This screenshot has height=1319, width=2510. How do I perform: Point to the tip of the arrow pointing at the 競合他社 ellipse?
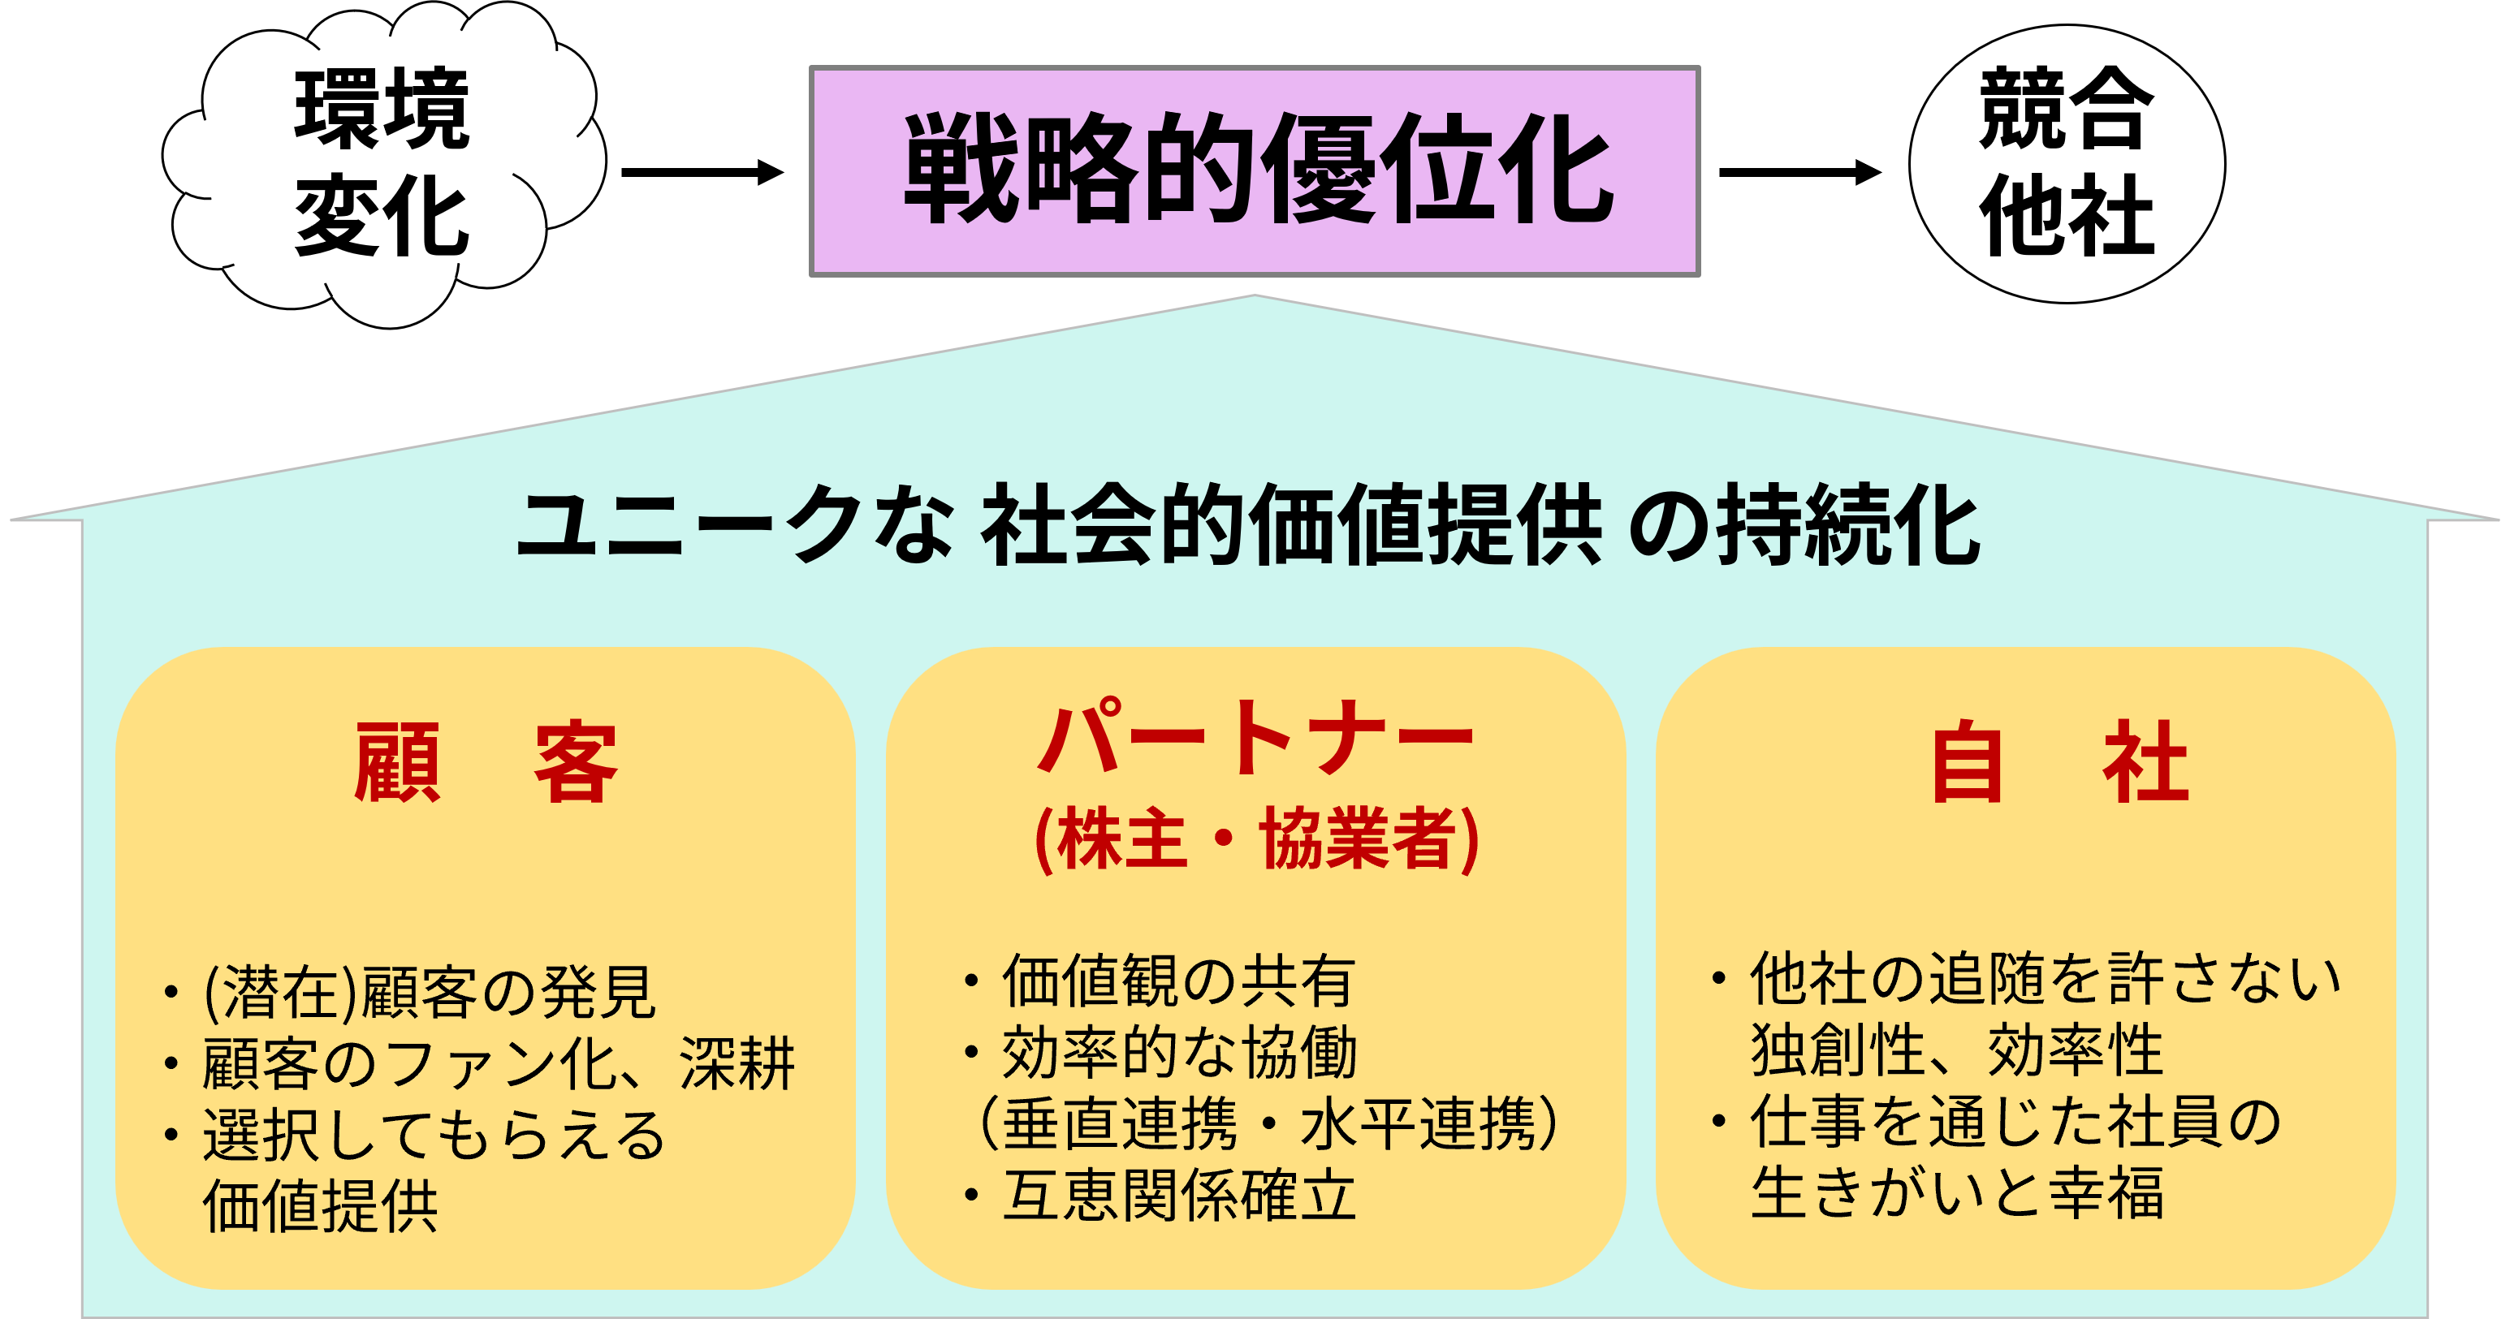click(1881, 172)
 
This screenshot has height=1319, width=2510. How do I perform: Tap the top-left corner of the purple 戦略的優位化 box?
click(810, 67)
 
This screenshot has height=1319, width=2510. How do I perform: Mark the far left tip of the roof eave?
click(11, 519)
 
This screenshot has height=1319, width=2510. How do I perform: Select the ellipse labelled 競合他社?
click(2067, 164)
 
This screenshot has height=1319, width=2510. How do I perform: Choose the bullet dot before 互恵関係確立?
click(970, 1196)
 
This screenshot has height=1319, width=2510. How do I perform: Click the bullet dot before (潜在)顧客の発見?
click(171, 993)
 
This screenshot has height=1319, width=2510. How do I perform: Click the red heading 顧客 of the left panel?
click(486, 762)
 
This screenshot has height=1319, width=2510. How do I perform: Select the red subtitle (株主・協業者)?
click(1256, 838)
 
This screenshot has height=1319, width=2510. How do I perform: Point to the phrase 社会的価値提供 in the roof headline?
click(1291, 525)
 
